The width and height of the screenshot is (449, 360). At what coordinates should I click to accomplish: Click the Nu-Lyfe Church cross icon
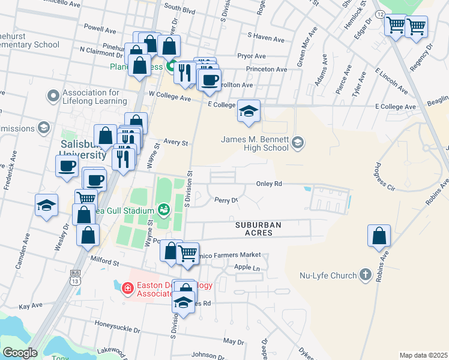pyautogui.click(x=365, y=275)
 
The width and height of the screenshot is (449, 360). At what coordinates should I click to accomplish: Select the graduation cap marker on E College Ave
pyautogui.click(x=249, y=112)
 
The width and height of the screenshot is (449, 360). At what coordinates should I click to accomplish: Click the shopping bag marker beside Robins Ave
pyautogui.click(x=379, y=236)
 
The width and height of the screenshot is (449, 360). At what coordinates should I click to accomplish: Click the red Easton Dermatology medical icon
pyautogui.click(x=127, y=289)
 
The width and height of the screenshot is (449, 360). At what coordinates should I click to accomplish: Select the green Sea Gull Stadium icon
pyautogui.click(x=163, y=209)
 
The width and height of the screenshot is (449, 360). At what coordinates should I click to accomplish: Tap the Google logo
pyautogui.click(x=20, y=352)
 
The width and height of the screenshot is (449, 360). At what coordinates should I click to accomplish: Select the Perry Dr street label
pyautogui.click(x=226, y=200)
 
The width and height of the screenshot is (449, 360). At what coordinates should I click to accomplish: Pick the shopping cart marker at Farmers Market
pyautogui.click(x=188, y=252)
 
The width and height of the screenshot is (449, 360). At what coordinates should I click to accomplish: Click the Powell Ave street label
pyautogui.click(x=100, y=28)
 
